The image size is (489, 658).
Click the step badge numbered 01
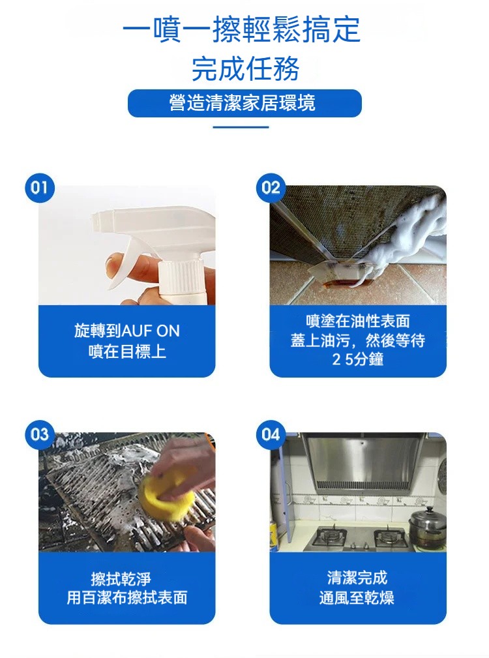(x=39, y=188)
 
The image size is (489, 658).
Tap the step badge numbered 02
(x=271, y=188)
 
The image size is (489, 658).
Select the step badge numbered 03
(x=39, y=434)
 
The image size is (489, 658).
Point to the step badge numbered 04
(x=271, y=434)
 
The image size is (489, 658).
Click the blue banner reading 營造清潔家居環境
(x=244, y=103)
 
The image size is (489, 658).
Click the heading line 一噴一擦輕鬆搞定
(x=242, y=29)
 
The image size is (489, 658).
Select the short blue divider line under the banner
(x=241, y=127)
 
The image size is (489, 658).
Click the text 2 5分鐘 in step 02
(x=358, y=359)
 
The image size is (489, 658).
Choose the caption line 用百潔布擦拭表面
(x=127, y=597)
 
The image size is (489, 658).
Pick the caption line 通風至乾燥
(x=357, y=597)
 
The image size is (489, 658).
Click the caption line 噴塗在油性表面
(x=358, y=321)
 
